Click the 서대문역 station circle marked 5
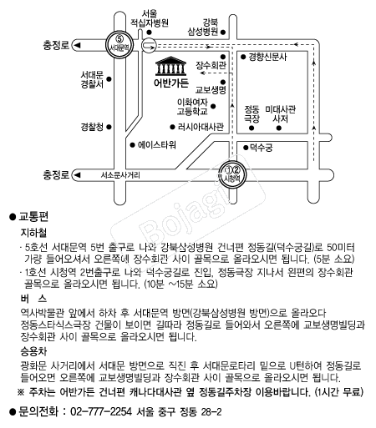(x=119, y=45)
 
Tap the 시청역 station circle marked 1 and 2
(x=232, y=174)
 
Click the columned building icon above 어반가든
(x=170, y=66)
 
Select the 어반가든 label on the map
(x=171, y=83)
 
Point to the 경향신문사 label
(x=267, y=57)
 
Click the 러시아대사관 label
(x=201, y=127)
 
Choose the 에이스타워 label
(x=156, y=145)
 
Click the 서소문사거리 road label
(x=120, y=175)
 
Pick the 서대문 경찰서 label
(x=92, y=79)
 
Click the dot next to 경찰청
(x=109, y=127)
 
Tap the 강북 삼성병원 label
(x=203, y=27)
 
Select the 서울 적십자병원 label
(x=150, y=18)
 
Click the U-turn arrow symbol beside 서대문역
(x=149, y=45)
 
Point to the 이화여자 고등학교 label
(x=192, y=107)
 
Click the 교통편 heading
(x=33, y=217)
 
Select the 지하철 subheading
(x=33, y=233)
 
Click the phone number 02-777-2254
(x=101, y=411)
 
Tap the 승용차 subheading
(x=33, y=352)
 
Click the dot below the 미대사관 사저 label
(x=279, y=128)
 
